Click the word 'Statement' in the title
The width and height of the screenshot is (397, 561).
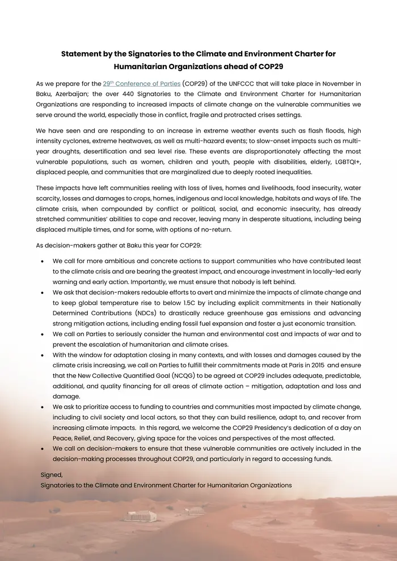point(81,54)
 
